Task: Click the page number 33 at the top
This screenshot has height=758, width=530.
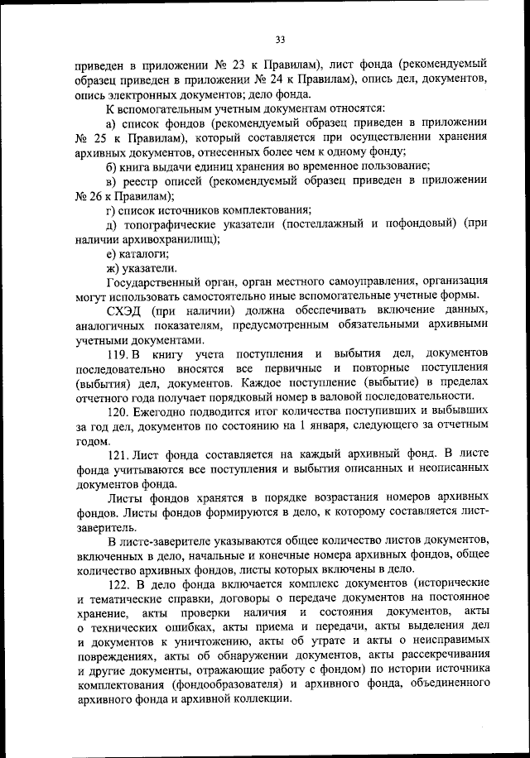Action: point(280,37)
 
